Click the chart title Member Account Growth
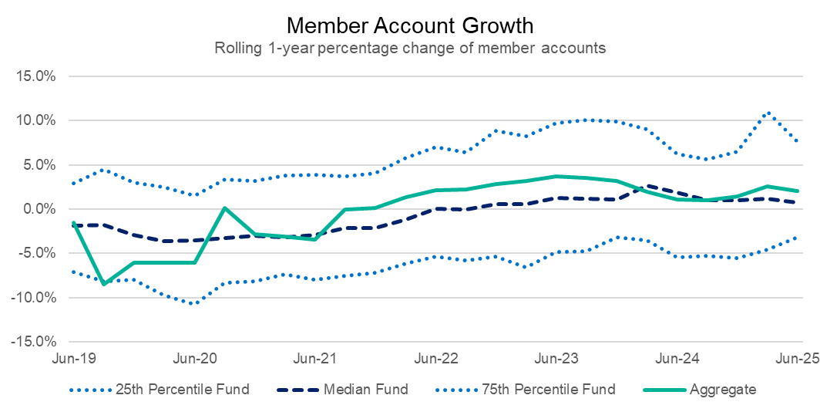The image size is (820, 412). coord(409,25)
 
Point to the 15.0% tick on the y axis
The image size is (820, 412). coord(37,76)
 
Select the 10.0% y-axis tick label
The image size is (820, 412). coord(37,120)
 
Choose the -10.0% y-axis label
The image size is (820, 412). coord(35,296)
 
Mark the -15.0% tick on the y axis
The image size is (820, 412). coord(35,340)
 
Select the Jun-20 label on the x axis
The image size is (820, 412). coord(193,359)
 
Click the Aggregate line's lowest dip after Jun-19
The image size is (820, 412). coord(103,284)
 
